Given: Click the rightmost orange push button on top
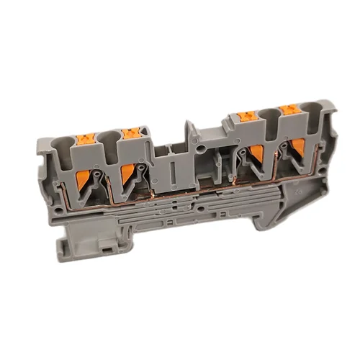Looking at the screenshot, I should point(290,109).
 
